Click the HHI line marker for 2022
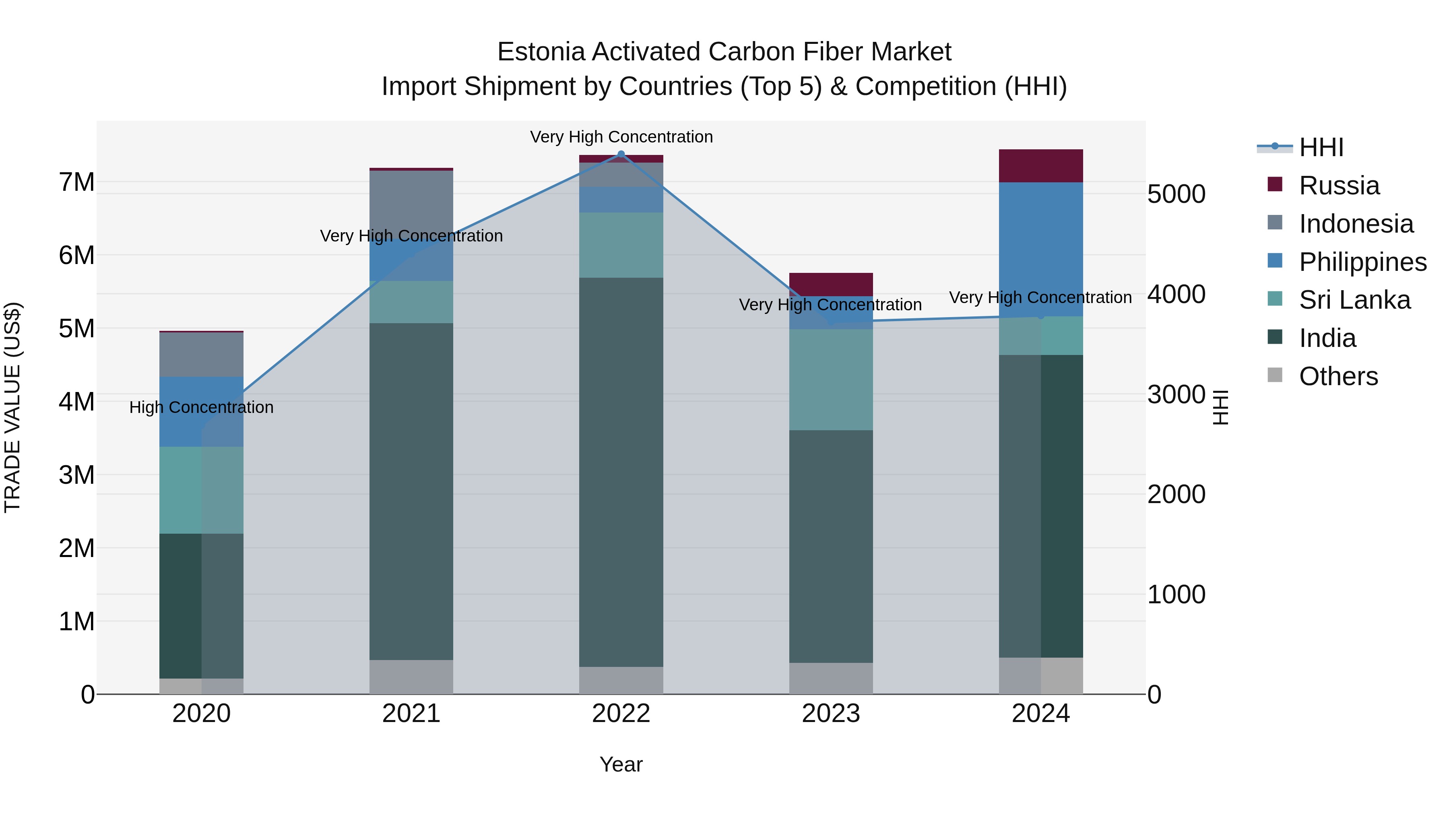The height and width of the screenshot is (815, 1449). tap(621, 154)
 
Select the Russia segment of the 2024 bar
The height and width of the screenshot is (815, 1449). tap(1040, 166)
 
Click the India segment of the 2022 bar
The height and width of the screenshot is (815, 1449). tap(621, 472)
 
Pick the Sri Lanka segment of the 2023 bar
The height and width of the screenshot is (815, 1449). tap(831, 380)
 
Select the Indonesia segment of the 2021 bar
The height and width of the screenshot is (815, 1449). tap(411, 202)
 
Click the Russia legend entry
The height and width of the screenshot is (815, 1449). tap(1339, 186)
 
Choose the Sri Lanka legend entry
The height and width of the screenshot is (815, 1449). tap(1354, 300)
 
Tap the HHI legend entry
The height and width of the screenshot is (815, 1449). tap(1321, 147)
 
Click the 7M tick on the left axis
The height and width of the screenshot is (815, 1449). tap(76, 182)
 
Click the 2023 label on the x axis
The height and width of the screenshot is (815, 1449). tap(831, 714)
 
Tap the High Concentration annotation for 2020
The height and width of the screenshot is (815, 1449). tap(201, 407)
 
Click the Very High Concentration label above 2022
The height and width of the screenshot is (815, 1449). tap(621, 137)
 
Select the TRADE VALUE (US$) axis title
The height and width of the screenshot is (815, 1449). tap(12, 407)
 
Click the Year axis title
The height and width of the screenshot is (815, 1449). tap(621, 764)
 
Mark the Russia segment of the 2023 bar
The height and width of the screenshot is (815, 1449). tap(831, 284)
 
